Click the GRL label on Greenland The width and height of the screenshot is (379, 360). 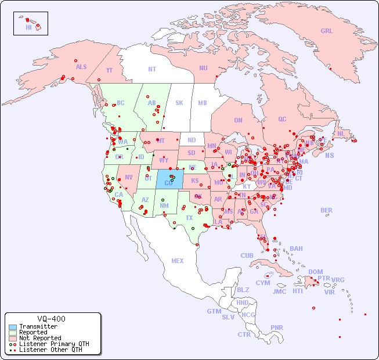327,31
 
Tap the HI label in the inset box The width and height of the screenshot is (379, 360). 28,27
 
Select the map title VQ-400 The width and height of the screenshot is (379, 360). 51,319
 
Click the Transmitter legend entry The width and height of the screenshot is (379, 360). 38,327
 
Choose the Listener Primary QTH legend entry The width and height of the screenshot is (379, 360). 53,344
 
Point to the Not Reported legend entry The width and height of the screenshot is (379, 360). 39,338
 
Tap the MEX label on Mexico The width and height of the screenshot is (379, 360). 178,261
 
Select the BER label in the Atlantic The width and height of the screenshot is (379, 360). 327,210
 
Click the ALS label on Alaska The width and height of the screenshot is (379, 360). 81,67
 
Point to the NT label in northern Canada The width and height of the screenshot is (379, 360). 152,69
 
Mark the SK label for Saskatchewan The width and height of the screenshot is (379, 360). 179,103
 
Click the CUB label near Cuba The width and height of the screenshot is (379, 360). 247,255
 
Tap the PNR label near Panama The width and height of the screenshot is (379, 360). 277,327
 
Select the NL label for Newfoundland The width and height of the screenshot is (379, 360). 341,134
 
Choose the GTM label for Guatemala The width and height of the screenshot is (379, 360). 214,311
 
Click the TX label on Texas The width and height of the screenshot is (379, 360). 189,218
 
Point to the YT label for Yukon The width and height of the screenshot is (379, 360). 109,70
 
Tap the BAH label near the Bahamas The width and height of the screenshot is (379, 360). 296,249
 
